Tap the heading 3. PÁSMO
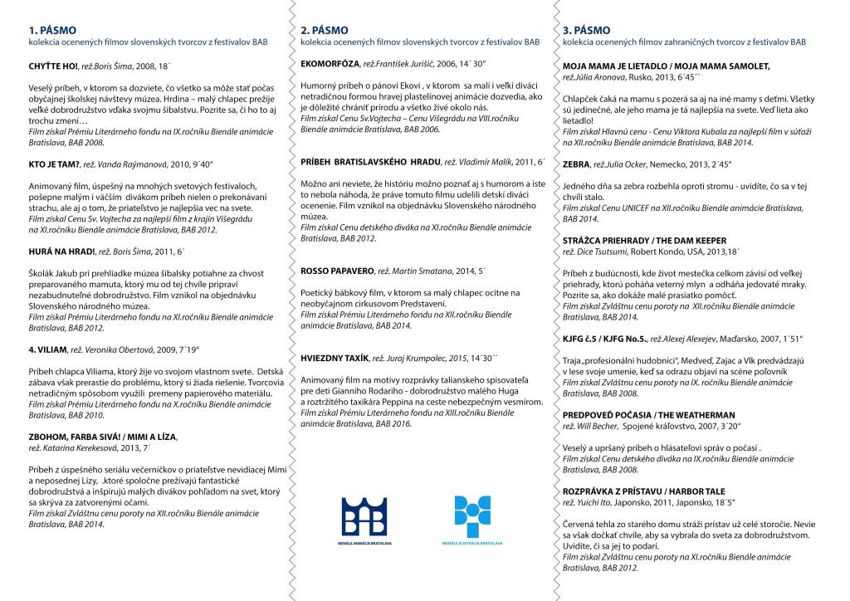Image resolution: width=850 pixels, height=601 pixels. coord(586,30)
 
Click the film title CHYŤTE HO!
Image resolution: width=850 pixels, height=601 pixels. coord(52,65)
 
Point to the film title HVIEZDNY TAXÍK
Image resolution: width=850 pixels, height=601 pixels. coord(335,357)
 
